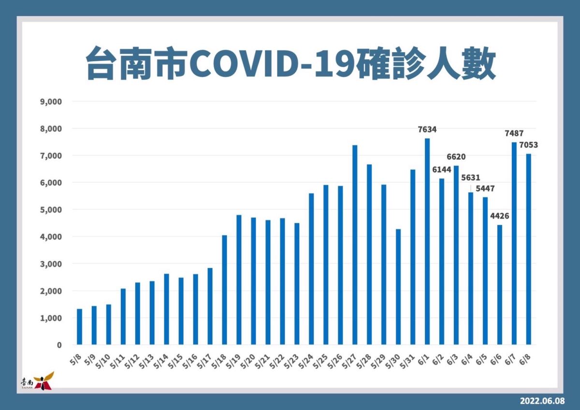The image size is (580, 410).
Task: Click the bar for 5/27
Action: click(355, 245)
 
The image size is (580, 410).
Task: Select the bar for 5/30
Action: click(398, 287)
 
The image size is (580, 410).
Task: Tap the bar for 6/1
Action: click(427, 241)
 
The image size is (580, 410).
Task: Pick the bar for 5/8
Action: click(79, 327)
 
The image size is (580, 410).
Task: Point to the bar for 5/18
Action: click(224, 290)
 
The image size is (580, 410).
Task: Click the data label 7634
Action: click(427, 129)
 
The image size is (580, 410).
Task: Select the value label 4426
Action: click(499, 216)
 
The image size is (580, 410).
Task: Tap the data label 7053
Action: click(528, 145)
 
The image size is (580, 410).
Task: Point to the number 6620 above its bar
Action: click(456, 157)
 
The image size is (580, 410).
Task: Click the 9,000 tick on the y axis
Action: click(51, 102)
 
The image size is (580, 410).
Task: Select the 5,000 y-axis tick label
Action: click(51, 210)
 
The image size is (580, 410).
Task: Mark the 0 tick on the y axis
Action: click(59, 345)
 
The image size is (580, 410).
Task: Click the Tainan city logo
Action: click(38, 381)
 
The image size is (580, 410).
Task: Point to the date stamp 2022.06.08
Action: click(542, 401)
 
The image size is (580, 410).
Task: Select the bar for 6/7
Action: click(514, 244)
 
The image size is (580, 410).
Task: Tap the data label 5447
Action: click(485, 189)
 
